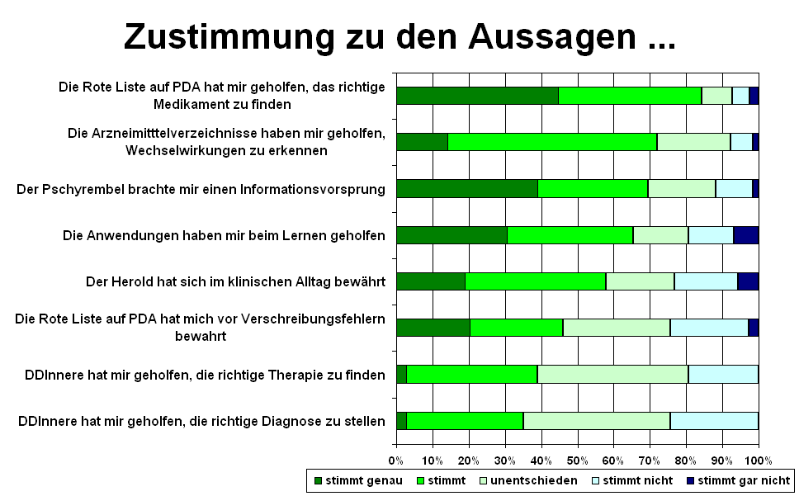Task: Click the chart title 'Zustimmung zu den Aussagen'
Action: click(399, 36)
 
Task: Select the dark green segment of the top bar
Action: click(477, 95)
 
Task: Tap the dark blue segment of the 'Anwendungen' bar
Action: click(745, 235)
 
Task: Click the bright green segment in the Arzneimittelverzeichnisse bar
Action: click(552, 141)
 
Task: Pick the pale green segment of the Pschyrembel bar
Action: click(682, 188)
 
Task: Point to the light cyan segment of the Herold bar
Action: click(706, 281)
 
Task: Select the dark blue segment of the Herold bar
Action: click(748, 281)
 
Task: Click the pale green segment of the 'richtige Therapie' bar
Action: click(612, 375)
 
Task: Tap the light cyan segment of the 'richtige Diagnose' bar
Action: click(714, 421)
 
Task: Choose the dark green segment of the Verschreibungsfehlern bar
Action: click(433, 328)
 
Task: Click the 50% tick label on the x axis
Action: click(577, 460)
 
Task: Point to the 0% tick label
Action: click(396, 460)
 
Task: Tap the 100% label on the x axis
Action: click(758, 460)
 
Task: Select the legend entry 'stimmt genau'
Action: click(364, 480)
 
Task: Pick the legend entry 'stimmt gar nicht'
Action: click(744, 480)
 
